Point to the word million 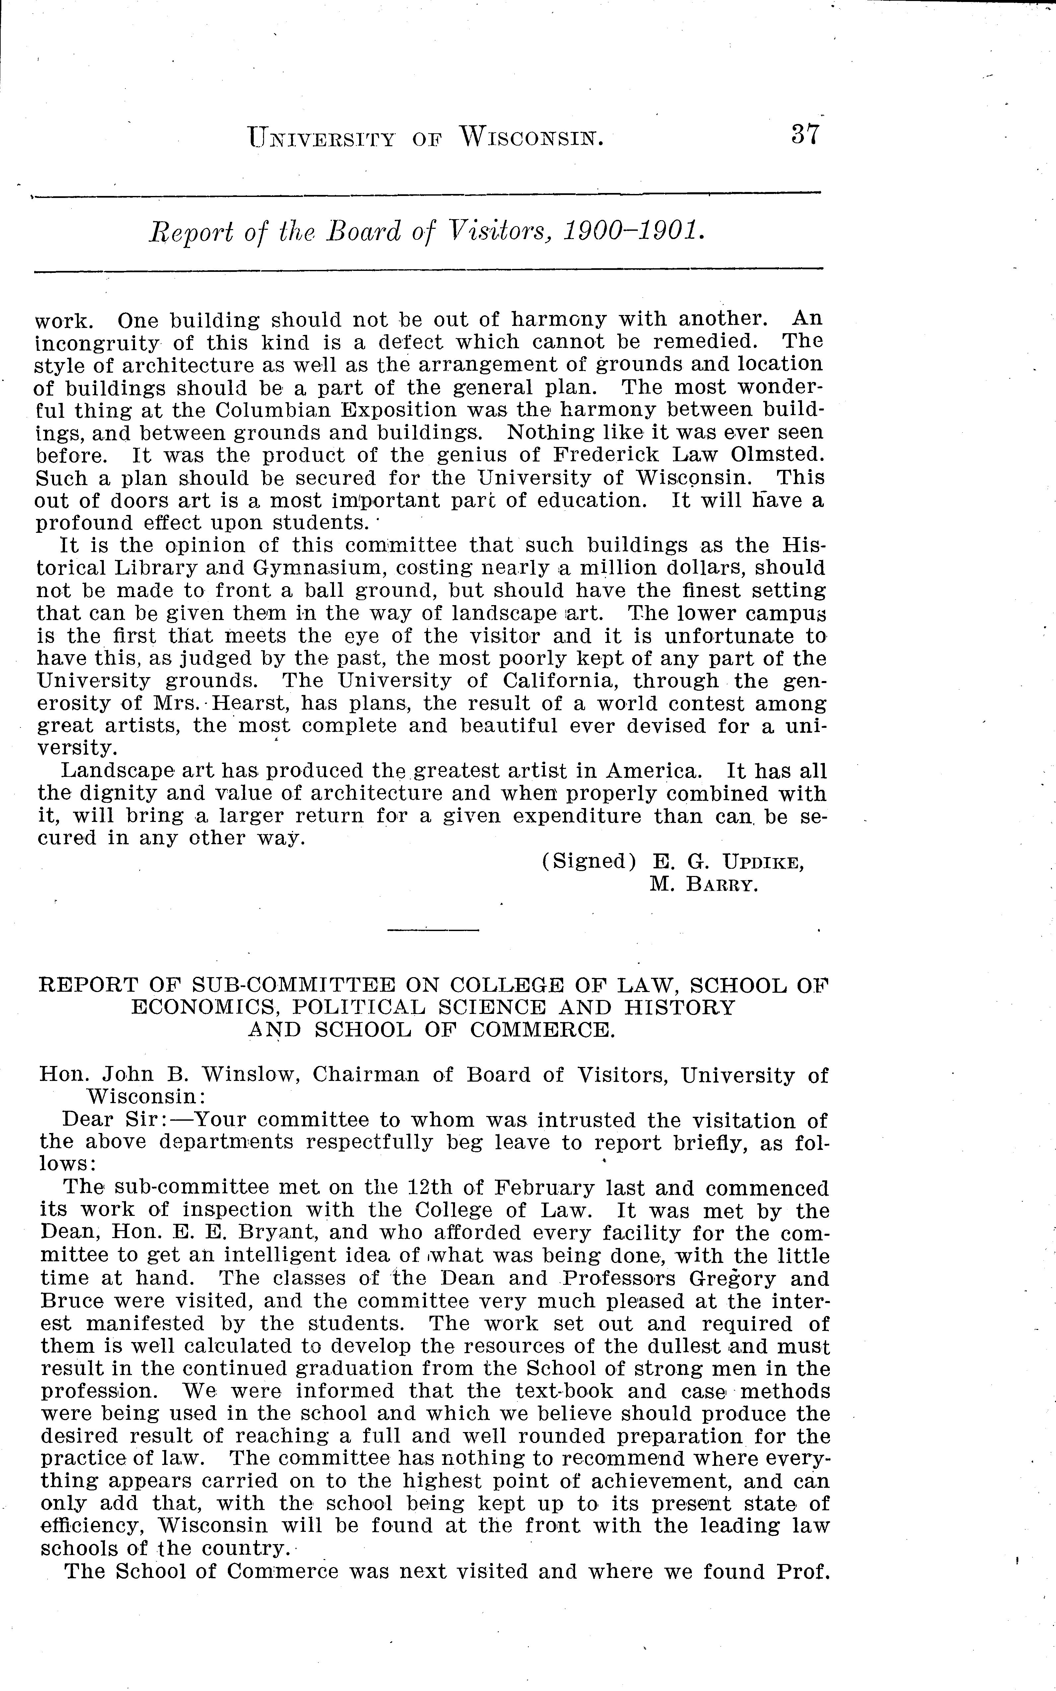pos(622,568)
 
